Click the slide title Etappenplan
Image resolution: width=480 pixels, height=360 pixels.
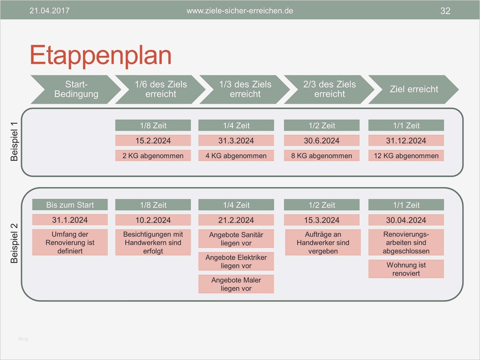(x=100, y=56)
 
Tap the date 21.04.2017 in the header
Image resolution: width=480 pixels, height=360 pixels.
(x=49, y=11)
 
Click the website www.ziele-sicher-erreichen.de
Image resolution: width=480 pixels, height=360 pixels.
(x=240, y=11)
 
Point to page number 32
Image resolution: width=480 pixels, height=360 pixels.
(x=445, y=11)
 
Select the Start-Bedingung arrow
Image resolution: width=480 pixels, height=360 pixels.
(x=76, y=90)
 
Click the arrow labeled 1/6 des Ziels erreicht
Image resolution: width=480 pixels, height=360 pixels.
(x=160, y=90)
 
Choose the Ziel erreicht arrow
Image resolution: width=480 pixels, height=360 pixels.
(x=413, y=90)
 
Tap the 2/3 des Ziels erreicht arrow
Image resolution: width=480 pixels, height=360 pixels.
(x=330, y=90)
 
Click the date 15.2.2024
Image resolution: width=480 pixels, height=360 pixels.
(x=153, y=141)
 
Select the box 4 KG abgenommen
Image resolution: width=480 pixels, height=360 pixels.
(x=236, y=156)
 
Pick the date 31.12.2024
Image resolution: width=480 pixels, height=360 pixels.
(x=406, y=141)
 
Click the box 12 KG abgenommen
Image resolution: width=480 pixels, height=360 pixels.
(x=406, y=156)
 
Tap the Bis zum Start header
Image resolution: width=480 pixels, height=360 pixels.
(x=70, y=204)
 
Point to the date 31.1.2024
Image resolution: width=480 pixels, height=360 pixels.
(x=70, y=220)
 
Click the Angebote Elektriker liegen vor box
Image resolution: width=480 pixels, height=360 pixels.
(x=236, y=262)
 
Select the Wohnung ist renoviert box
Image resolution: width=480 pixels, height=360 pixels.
(x=406, y=269)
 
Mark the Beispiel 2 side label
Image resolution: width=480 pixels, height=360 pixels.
(x=14, y=243)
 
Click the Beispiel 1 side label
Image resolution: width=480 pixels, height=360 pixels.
(x=14, y=142)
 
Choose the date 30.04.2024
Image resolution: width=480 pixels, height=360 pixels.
(x=406, y=220)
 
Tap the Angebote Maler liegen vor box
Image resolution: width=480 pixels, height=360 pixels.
(x=236, y=284)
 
